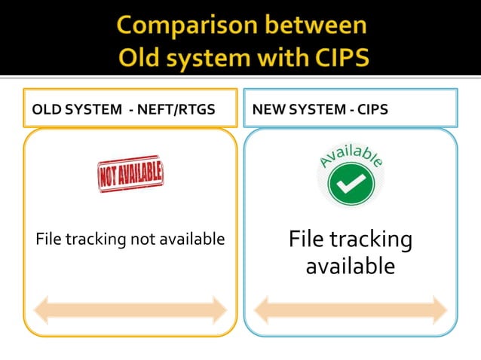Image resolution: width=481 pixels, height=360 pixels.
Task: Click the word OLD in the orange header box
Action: coord(45,110)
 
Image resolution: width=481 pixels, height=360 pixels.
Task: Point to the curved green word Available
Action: coord(351,153)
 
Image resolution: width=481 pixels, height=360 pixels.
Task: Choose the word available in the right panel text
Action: coord(350,266)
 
